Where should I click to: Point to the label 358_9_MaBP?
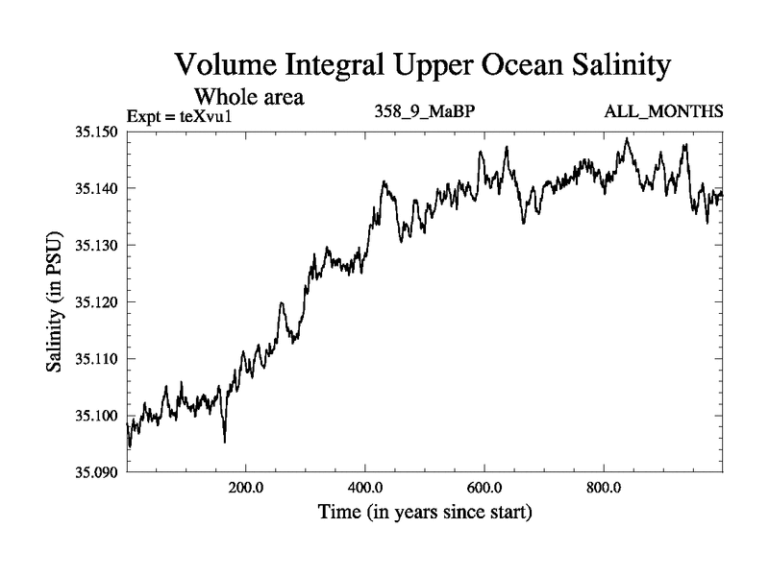pos(424,112)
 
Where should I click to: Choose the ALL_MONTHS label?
pos(663,112)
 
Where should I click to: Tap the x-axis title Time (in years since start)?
pos(425,513)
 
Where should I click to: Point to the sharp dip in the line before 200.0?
pos(225,440)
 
